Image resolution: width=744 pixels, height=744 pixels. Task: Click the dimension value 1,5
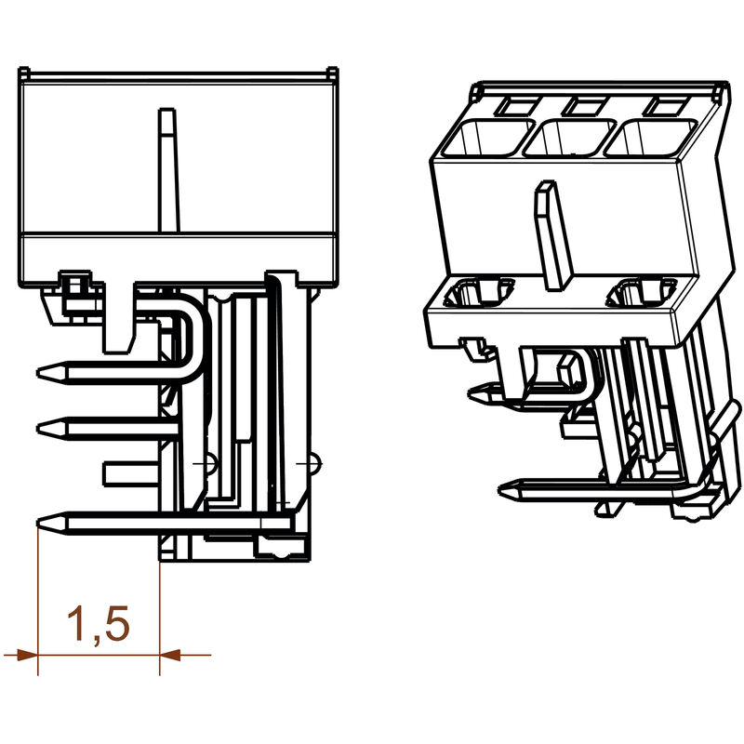point(98,625)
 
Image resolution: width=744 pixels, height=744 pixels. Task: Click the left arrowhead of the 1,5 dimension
point(20,655)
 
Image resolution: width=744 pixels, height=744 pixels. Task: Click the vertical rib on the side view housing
point(167,167)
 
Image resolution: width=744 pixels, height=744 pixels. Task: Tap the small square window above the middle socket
point(586,105)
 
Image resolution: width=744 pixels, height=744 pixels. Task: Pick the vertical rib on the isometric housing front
point(548,232)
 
